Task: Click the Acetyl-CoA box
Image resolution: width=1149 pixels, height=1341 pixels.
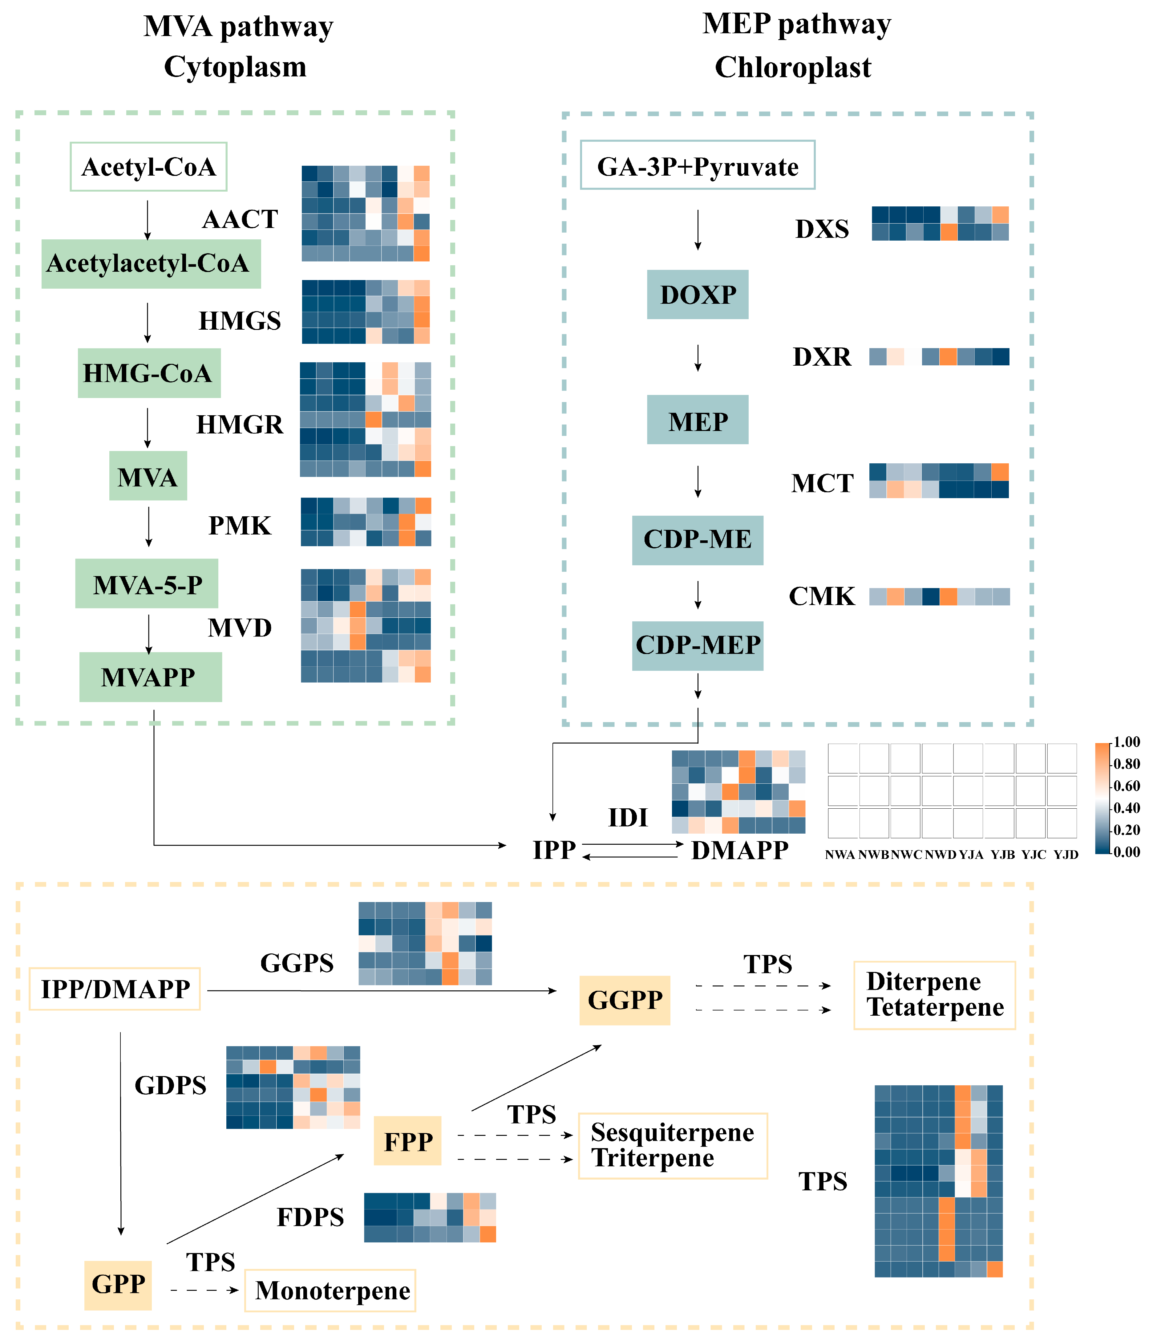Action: pyautogui.click(x=148, y=167)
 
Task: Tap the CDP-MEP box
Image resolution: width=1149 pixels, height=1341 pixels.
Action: pyautogui.click(x=698, y=645)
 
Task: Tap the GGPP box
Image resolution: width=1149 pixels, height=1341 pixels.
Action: pyautogui.click(x=624, y=1000)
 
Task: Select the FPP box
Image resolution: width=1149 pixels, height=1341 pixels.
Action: pyautogui.click(x=407, y=1142)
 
